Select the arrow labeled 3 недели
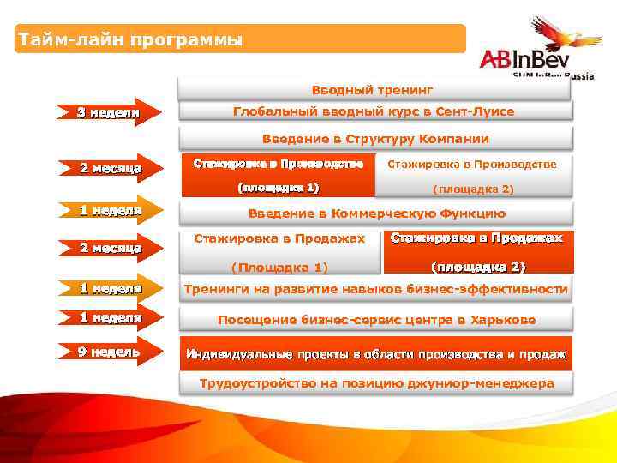(x=108, y=112)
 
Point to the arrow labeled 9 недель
(x=108, y=352)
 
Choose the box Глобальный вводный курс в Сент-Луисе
(x=374, y=112)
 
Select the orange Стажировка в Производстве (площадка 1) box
(x=278, y=175)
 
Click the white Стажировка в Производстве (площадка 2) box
(x=472, y=175)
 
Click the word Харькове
(x=501, y=320)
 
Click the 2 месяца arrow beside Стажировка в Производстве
(x=108, y=169)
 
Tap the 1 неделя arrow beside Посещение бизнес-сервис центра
(x=108, y=318)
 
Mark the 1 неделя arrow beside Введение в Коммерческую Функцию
(x=108, y=210)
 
